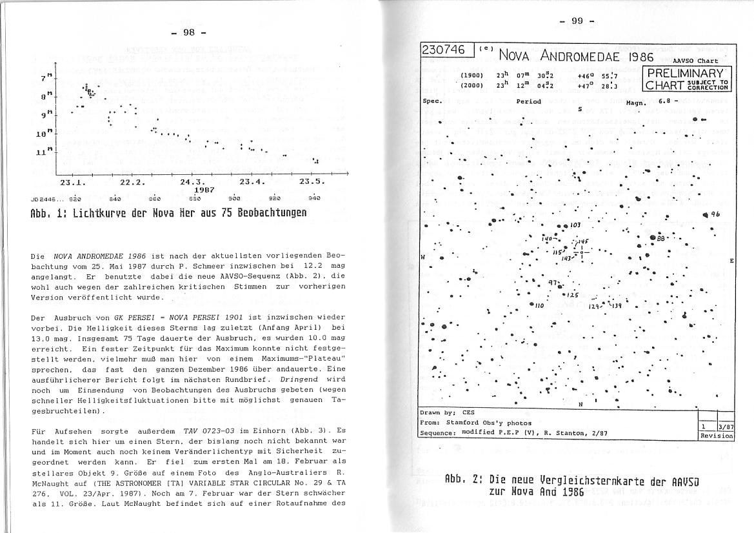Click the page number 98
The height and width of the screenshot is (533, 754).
[x=188, y=32]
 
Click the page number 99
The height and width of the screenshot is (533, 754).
[x=577, y=21]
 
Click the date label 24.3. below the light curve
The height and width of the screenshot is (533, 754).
[x=192, y=182]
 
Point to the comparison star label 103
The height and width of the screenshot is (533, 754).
[x=576, y=225]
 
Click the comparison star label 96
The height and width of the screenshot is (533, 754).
[x=715, y=215]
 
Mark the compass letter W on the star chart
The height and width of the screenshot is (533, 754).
[x=423, y=257]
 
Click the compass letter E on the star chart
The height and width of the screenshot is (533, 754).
[x=731, y=261]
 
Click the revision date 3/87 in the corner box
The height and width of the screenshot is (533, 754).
[x=726, y=427]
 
